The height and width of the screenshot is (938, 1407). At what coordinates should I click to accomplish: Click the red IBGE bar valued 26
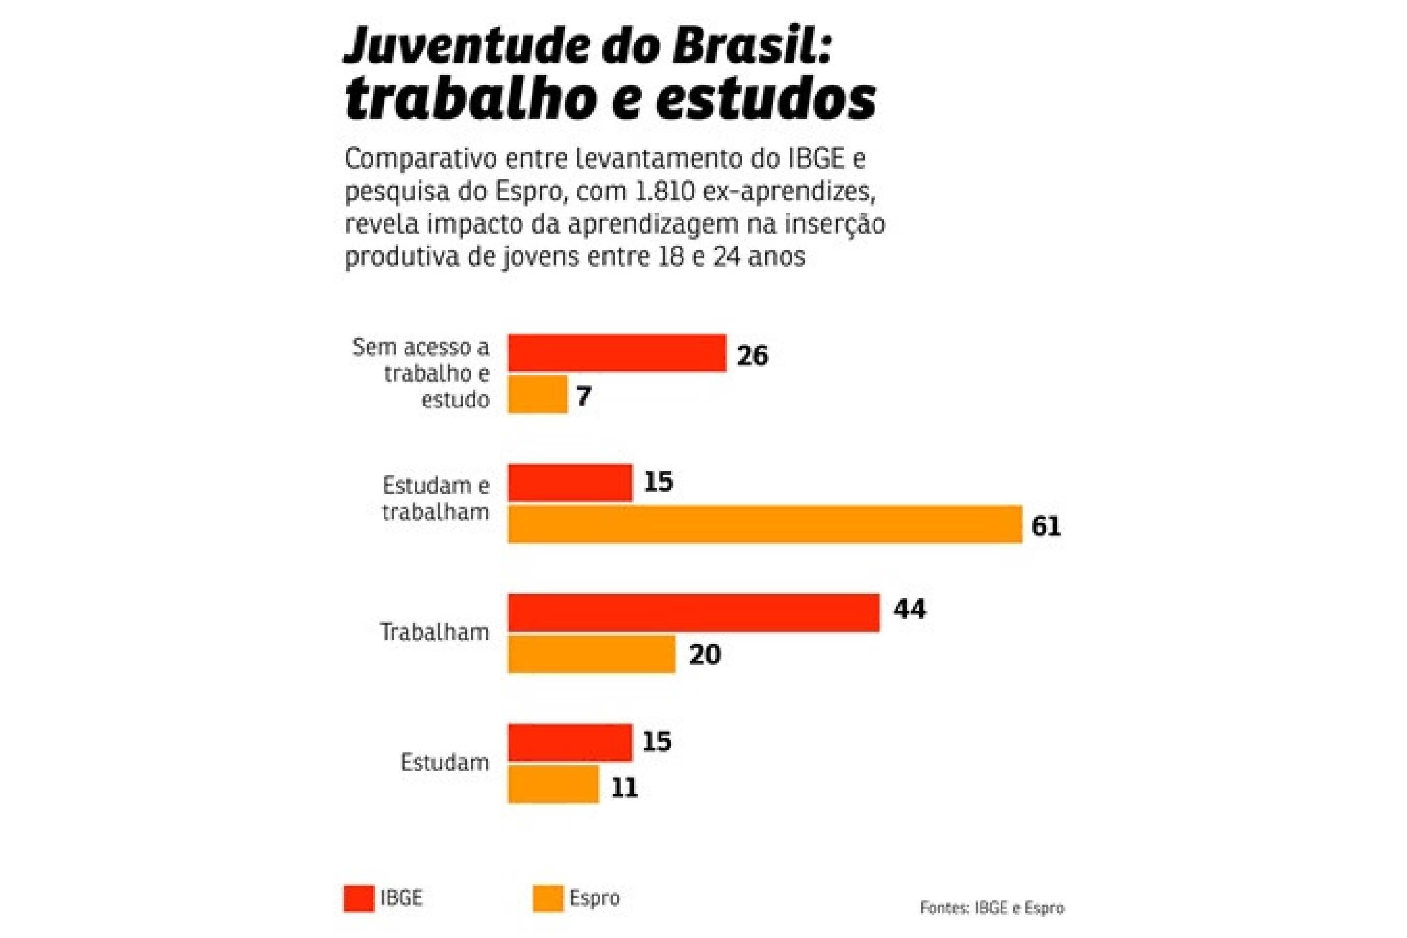point(617,353)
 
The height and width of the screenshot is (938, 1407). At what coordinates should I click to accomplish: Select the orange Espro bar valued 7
point(537,394)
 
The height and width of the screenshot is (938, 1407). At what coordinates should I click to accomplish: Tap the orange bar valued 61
point(765,524)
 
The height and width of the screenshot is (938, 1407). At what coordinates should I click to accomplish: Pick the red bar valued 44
point(693,613)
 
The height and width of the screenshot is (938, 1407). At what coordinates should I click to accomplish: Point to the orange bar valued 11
point(554,784)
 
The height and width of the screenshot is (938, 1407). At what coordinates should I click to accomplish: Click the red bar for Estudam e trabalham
point(570,483)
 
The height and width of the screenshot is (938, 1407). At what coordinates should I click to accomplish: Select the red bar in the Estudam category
point(570,743)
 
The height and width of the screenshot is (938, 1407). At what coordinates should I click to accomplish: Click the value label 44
point(909,610)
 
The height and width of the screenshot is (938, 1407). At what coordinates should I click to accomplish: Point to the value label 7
point(584,396)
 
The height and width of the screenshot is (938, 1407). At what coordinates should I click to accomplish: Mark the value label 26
point(752,356)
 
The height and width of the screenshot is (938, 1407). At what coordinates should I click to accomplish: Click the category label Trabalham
point(434,632)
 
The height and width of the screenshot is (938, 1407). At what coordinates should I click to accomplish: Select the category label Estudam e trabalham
point(435,498)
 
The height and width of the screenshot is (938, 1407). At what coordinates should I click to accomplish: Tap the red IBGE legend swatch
point(359,898)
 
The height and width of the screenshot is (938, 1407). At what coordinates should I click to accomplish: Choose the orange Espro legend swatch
point(548,898)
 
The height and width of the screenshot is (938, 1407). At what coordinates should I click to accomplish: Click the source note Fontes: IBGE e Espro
point(992,908)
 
